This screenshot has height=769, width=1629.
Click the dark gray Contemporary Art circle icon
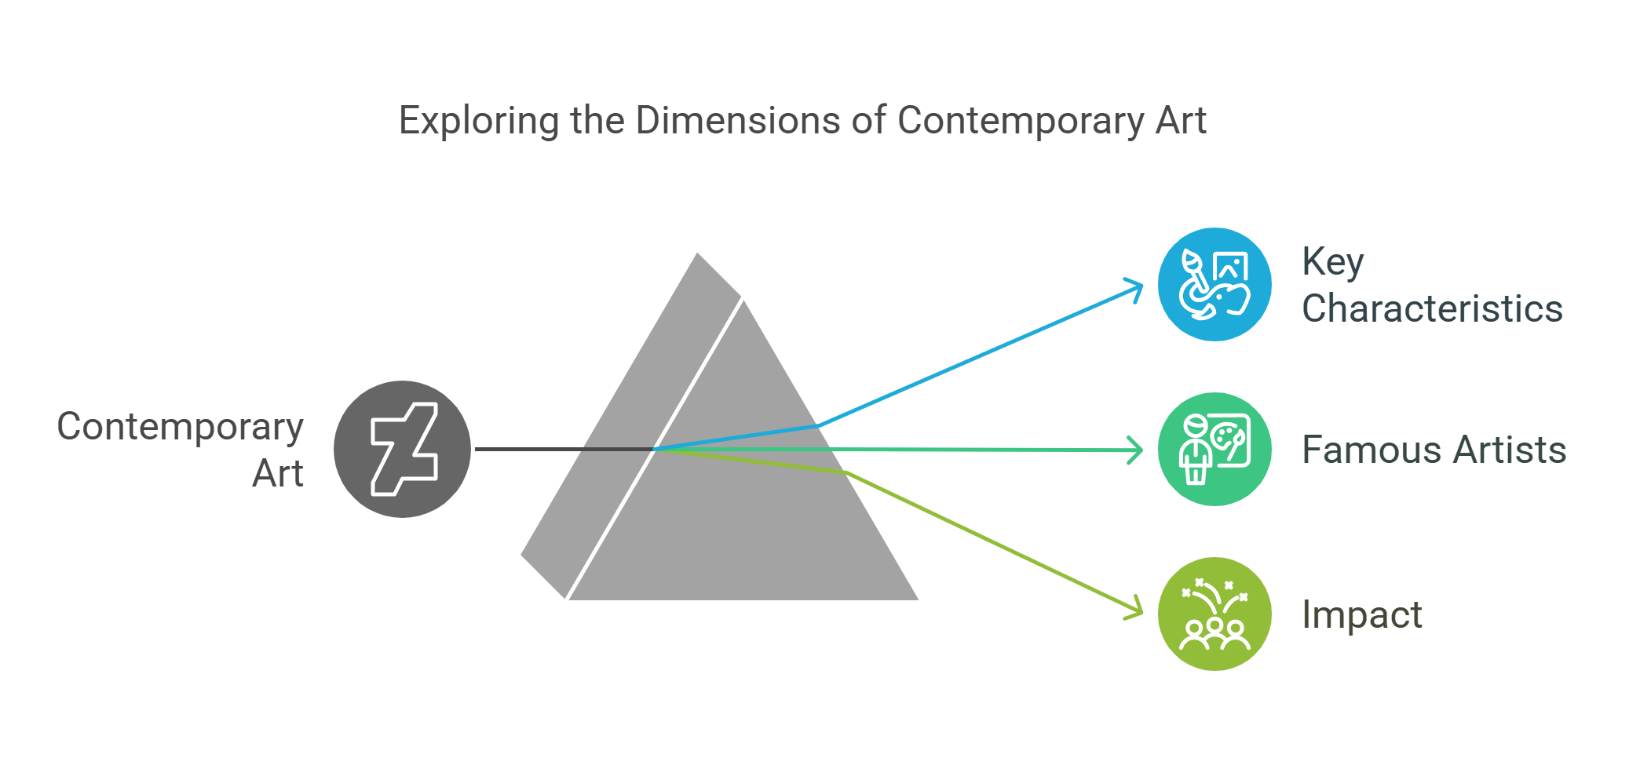402,449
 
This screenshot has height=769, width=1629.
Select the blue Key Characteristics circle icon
1214,284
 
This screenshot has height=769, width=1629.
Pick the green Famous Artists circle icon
1214,449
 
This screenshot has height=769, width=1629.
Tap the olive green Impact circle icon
1214,614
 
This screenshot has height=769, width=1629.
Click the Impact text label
1361,614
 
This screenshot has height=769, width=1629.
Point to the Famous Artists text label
1434,450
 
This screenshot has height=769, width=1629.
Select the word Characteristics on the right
1432,308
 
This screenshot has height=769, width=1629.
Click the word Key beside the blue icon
1332,262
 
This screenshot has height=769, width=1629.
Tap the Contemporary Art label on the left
181,449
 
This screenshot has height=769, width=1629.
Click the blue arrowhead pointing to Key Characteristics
1138,288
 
